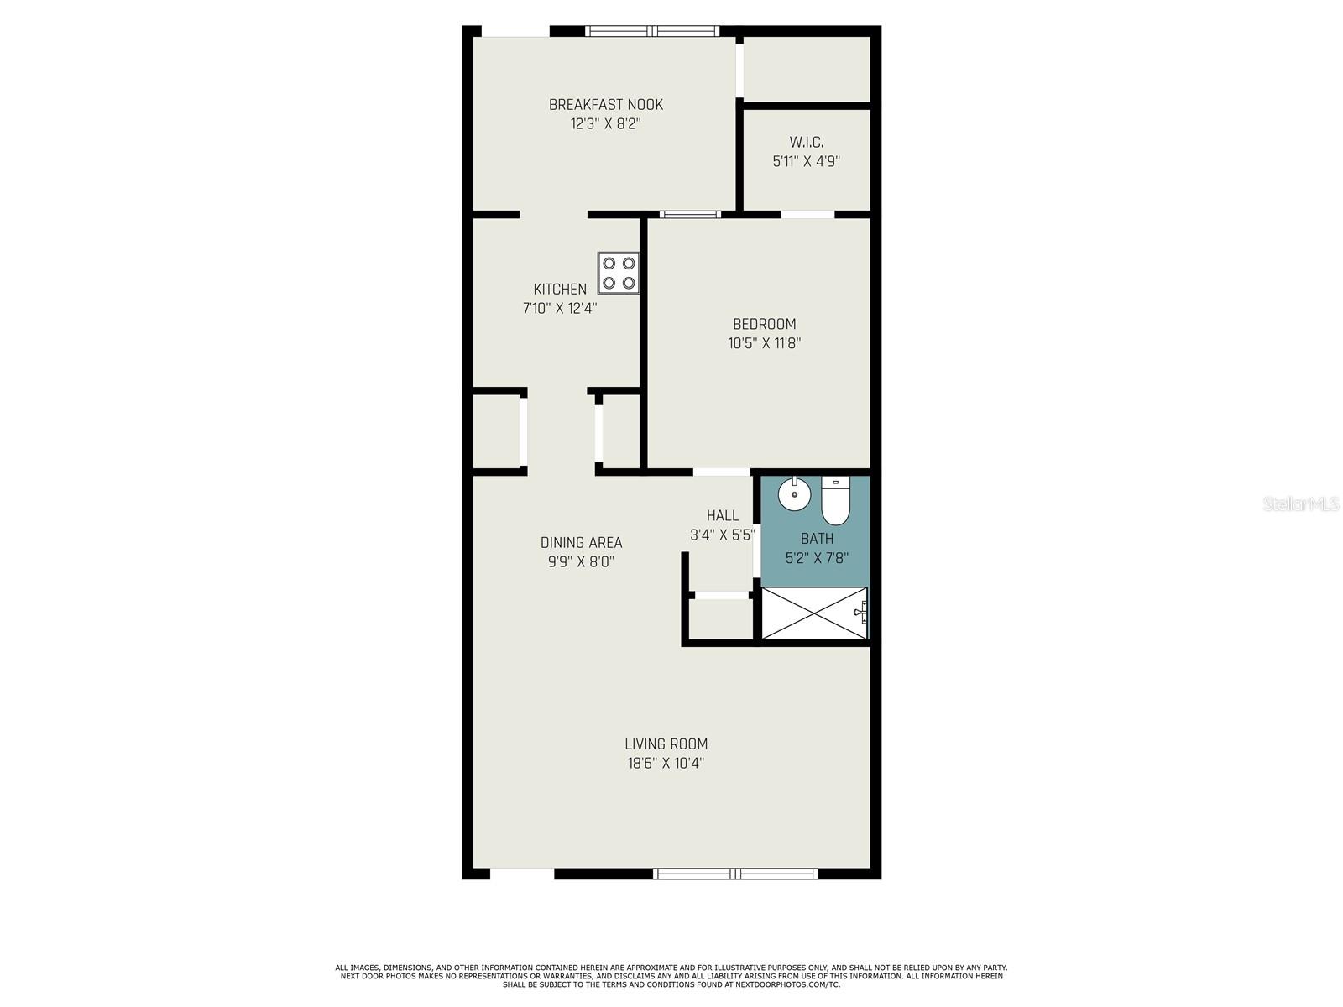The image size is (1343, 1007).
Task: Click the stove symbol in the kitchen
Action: coord(619,273)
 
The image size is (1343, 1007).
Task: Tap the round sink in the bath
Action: coord(793,494)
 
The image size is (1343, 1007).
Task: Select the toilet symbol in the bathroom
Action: coord(835,502)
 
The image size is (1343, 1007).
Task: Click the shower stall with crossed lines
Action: coord(813,614)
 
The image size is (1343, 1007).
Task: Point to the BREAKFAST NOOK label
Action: coord(605,105)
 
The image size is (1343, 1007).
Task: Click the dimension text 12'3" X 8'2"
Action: coord(605,124)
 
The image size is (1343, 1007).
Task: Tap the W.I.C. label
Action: coord(806,142)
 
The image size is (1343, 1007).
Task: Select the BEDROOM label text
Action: coord(764,324)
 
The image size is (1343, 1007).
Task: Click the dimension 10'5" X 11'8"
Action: coord(764,343)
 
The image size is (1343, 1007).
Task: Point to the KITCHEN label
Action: coord(560,290)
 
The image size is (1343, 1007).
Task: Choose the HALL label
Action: coord(722,516)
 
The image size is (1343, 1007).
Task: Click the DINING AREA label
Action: coord(581,543)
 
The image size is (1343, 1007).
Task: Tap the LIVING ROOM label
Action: coord(666,744)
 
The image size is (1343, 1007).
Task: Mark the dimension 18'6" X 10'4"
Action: coord(666,764)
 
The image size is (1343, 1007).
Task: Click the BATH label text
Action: coord(817,539)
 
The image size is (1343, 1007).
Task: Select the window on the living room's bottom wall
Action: coord(735,874)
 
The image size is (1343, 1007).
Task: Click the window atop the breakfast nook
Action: coord(652,31)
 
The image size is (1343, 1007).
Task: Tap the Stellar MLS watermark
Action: coord(1300,504)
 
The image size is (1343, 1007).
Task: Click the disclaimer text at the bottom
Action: coord(671,976)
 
